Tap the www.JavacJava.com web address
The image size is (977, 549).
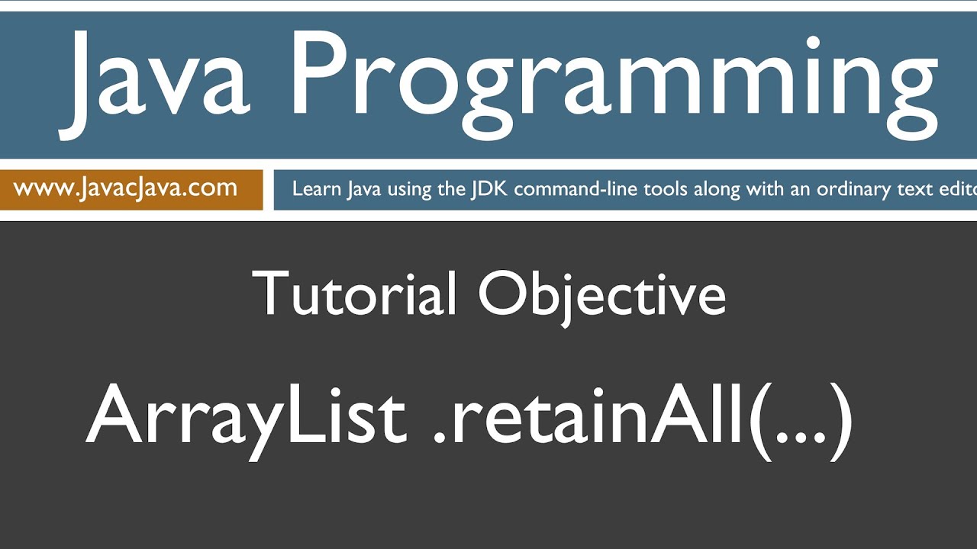(x=125, y=188)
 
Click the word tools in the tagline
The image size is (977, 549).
(x=665, y=189)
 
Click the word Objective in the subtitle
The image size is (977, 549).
(x=603, y=294)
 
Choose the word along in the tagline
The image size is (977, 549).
(x=714, y=189)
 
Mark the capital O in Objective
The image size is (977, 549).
(x=505, y=294)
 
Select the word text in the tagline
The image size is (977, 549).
(x=918, y=189)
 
